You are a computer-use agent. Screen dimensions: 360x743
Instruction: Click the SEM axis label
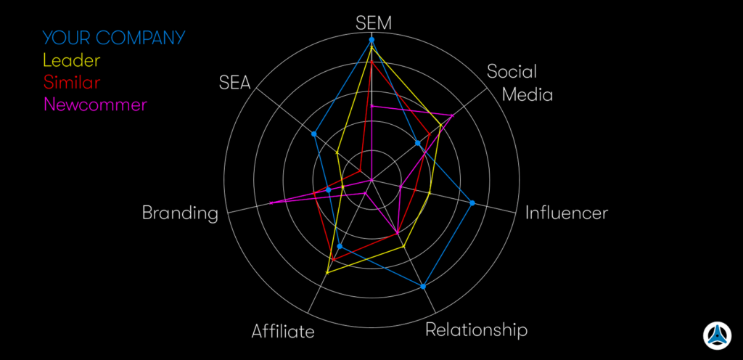tap(373, 22)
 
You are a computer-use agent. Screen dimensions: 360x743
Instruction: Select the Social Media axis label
tap(518, 83)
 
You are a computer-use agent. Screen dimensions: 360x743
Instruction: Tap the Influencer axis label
tap(566, 213)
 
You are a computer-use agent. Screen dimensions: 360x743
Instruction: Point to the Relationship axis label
tap(476, 330)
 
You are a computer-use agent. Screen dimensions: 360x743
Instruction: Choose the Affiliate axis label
tap(283, 332)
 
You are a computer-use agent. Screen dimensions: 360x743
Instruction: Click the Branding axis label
tap(180, 213)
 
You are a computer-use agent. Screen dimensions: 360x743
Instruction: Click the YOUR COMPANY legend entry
tap(114, 38)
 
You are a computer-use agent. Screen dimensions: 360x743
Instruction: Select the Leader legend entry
tap(71, 60)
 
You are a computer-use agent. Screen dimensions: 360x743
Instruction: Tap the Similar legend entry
tap(72, 82)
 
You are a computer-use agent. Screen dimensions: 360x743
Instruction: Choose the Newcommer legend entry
tap(95, 105)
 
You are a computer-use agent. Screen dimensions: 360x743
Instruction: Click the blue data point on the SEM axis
tap(371, 39)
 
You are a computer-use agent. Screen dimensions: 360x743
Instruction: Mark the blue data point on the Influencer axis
tap(472, 202)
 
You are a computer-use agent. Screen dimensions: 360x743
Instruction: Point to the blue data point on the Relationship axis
tap(423, 286)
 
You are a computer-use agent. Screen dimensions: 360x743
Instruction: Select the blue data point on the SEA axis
tap(314, 134)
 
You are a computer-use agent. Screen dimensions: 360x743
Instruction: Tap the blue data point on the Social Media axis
tap(417, 144)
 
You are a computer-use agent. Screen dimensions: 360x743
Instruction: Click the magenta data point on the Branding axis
tap(271, 202)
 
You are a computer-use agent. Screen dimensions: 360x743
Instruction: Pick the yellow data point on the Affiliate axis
tap(327, 273)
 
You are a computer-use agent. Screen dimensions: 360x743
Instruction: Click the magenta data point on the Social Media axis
tap(453, 115)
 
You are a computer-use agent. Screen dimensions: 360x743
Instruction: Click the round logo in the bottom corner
tap(717, 335)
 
